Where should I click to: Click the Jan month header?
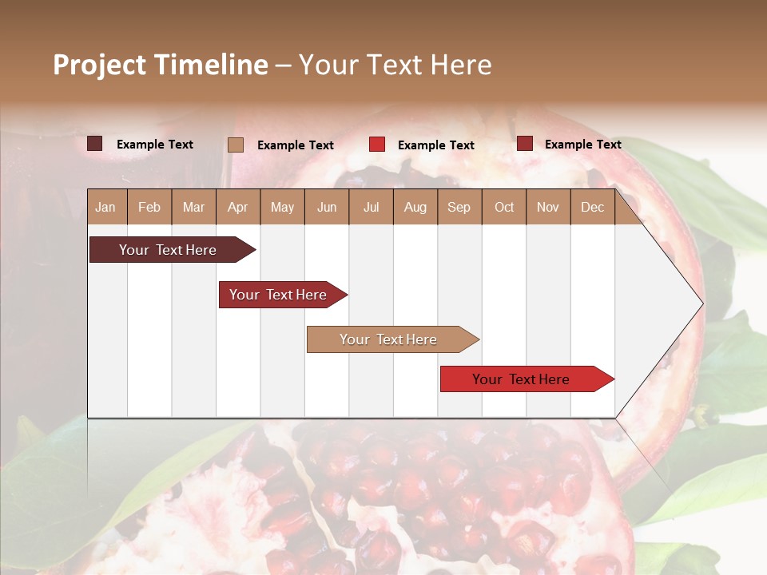tap(105, 207)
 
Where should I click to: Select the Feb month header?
tap(149, 207)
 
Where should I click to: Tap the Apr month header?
tap(237, 207)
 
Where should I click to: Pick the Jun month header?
tap(327, 207)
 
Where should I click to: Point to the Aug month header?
tap(415, 207)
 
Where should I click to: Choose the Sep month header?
tap(459, 207)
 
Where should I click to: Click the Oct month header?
tap(504, 207)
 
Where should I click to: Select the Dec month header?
tap(592, 207)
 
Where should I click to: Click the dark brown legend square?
tap(95, 144)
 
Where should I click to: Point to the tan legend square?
tap(236, 145)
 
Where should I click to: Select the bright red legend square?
tap(377, 145)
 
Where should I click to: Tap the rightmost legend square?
tap(525, 144)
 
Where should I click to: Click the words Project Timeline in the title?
tap(161, 65)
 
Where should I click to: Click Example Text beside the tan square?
tap(296, 145)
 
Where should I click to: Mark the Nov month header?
tap(548, 207)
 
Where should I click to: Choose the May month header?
tap(282, 207)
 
